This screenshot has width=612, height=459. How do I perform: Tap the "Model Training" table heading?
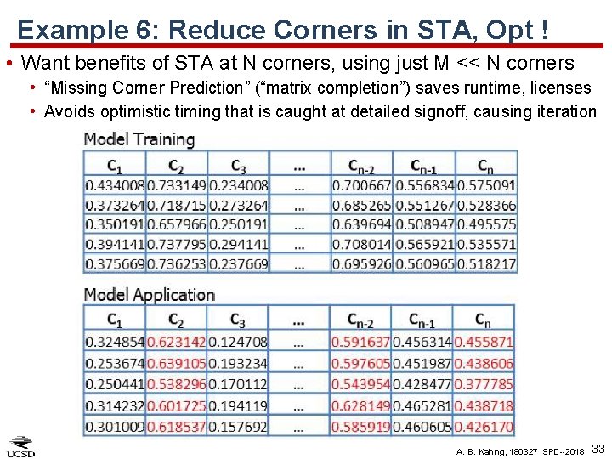[139, 139]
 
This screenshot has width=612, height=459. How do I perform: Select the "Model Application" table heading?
[149, 295]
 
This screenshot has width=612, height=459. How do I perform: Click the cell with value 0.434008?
[115, 185]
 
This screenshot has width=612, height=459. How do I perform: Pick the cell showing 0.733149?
[176, 185]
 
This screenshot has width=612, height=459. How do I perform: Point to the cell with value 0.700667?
[361, 185]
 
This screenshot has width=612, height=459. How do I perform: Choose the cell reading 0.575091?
[486, 185]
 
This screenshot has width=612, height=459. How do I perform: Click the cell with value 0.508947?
[423, 225]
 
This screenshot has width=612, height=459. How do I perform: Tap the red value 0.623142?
[176, 343]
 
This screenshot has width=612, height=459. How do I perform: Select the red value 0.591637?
[360, 343]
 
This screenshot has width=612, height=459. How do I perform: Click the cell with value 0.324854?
[115, 343]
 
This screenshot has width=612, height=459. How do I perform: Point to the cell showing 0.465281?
[422, 406]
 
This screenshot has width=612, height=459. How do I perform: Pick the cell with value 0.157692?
[237, 427]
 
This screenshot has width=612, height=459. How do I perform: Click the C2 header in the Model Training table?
[176, 166]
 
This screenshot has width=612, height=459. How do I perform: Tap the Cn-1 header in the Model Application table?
[422, 321]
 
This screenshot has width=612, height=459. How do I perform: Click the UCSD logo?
[21, 446]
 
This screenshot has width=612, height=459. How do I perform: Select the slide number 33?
[598, 448]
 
